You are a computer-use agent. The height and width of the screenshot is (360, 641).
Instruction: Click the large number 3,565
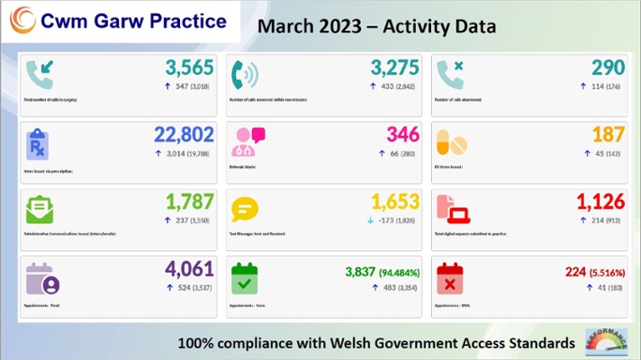pyautogui.click(x=190, y=68)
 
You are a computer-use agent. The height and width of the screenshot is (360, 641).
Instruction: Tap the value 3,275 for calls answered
pyautogui.click(x=395, y=68)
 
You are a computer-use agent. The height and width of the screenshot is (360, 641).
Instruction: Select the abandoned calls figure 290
pyautogui.click(x=608, y=68)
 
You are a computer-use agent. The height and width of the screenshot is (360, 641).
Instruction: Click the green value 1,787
pyautogui.click(x=190, y=204)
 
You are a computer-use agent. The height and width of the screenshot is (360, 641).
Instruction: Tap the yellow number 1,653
pyautogui.click(x=395, y=204)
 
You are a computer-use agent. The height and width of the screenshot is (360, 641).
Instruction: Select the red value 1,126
pyautogui.click(x=600, y=204)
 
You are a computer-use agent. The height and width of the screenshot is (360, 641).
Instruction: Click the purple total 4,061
pyautogui.click(x=190, y=272)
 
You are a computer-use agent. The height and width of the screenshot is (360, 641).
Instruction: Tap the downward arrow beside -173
pyautogui.click(x=372, y=221)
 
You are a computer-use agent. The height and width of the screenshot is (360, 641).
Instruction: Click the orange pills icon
pyautogui.click(x=451, y=142)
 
